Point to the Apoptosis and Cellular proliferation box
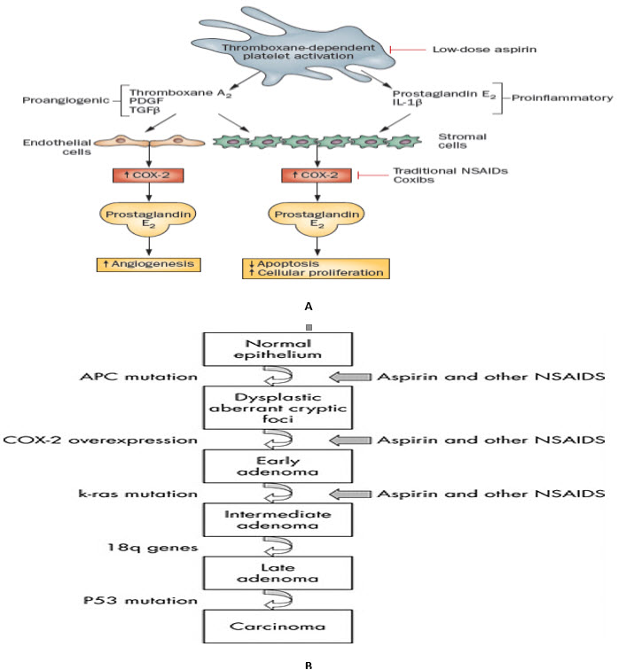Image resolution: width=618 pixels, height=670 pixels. [315, 268]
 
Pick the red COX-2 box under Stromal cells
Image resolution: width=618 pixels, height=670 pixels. [315, 176]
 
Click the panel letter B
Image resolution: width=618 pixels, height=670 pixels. [309, 662]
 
